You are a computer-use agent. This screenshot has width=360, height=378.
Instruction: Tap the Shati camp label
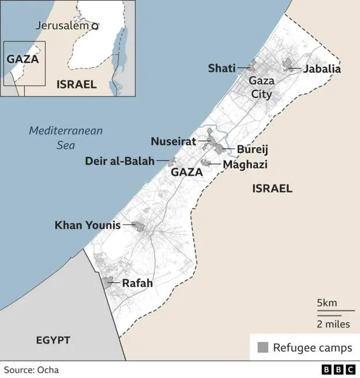tap(222, 69)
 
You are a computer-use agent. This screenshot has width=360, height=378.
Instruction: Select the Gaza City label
tap(261, 88)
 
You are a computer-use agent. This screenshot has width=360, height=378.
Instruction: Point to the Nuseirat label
tap(174, 141)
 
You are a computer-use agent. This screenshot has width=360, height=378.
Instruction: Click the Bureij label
tap(252, 150)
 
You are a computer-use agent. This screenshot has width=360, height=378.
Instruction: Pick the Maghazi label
tap(245, 165)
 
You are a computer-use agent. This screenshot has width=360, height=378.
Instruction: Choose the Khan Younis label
tap(87, 225)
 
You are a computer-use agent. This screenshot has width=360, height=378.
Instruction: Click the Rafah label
tap(137, 283)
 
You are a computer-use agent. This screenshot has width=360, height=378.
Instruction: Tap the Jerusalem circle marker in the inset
tap(95, 25)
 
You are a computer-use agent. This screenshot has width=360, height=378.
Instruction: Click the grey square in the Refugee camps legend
tap(263, 347)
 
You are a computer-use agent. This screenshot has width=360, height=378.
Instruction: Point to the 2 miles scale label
tap(333, 324)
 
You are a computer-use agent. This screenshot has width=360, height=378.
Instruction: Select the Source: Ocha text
tap(32, 370)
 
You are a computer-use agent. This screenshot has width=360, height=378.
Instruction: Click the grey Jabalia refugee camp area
tap(288, 65)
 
